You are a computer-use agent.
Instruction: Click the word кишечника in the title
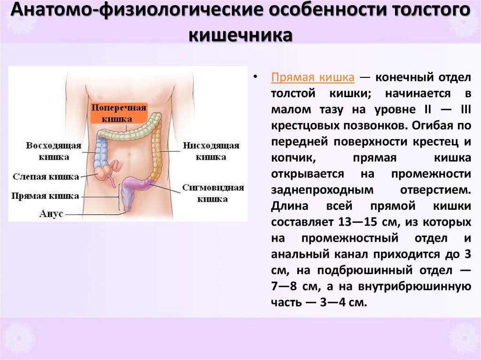click(240, 36)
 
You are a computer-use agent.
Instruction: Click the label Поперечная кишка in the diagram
click(119, 113)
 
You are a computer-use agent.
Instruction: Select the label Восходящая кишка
click(54, 150)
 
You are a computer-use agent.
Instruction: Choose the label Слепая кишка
click(46, 177)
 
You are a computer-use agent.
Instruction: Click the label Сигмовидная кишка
click(213, 193)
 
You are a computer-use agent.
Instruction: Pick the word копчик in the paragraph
click(287, 158)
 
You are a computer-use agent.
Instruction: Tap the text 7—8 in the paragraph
click(286, 286)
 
